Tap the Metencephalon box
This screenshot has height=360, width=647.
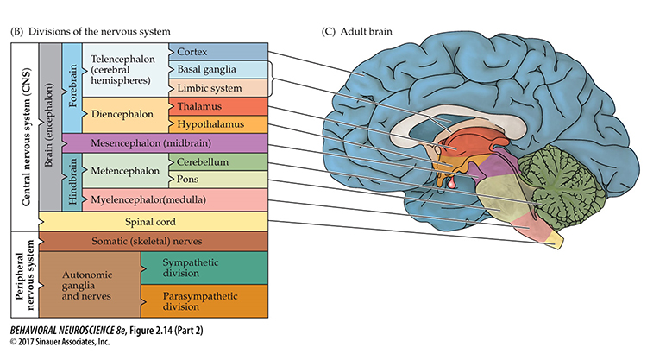128,171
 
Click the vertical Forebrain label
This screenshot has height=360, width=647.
72,86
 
